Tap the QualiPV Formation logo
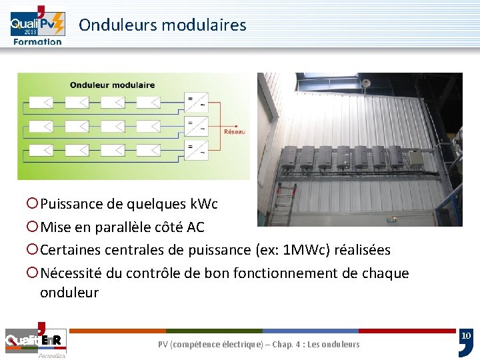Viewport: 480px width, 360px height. (x=37, y=27)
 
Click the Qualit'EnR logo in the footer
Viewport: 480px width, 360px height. (x=35, y=341)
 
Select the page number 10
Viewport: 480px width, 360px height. (x=466, y=335)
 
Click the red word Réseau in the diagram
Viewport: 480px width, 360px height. (x=234, y=132)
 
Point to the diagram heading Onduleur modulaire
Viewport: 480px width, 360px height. (x=112, y=85)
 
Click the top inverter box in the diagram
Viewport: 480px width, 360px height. (x=196, y=103)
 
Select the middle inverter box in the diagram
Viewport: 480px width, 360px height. (x=196, y=125)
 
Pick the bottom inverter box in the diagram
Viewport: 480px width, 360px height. (x=196, y=149)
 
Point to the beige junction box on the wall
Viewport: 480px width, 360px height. (x=416, y=158)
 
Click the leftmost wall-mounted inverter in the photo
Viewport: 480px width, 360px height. (x=289, y=157)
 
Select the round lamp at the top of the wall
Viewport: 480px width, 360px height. (x=365, y=82)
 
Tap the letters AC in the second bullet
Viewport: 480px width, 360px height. (x=195, y=227)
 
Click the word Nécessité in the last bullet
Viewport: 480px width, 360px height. (x=69, y=273)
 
